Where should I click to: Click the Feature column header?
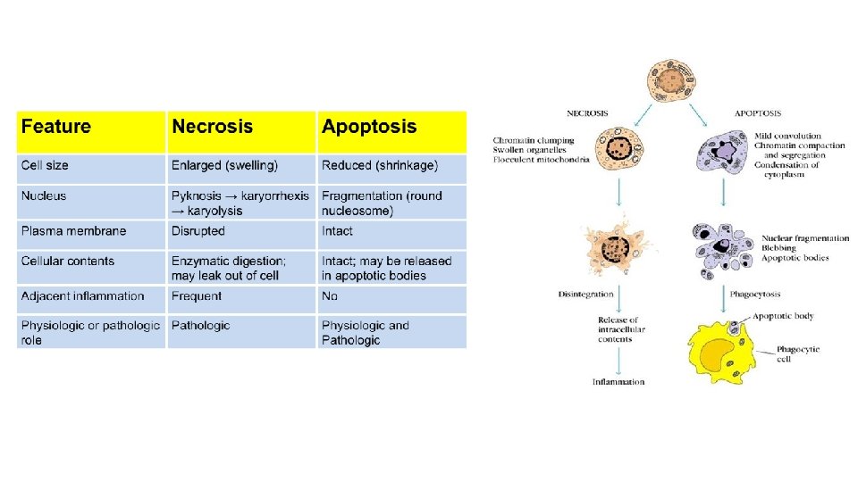[x=56, y=127]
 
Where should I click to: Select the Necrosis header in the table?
[x=213, y=127]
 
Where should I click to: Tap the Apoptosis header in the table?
[x=369, y=127]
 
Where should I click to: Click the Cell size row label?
[x=45, y=165]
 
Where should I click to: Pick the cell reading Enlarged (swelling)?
[x=224, y=165]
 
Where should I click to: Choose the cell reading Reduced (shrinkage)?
[x=380, y=165]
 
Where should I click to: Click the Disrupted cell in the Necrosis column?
[x=198, y=231]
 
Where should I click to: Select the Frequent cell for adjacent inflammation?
[x=197, y=296]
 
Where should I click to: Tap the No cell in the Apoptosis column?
[x=330, y=296]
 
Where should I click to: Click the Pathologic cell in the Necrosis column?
[x=200, y=326]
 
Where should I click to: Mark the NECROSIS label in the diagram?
[x=587, y=113]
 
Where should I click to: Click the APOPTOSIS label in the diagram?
[x=757, y=113]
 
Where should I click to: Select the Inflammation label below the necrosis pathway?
[x=618, y=382]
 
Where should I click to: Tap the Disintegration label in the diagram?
[x=585, y=294]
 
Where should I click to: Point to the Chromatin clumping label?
[x=534, y=141]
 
